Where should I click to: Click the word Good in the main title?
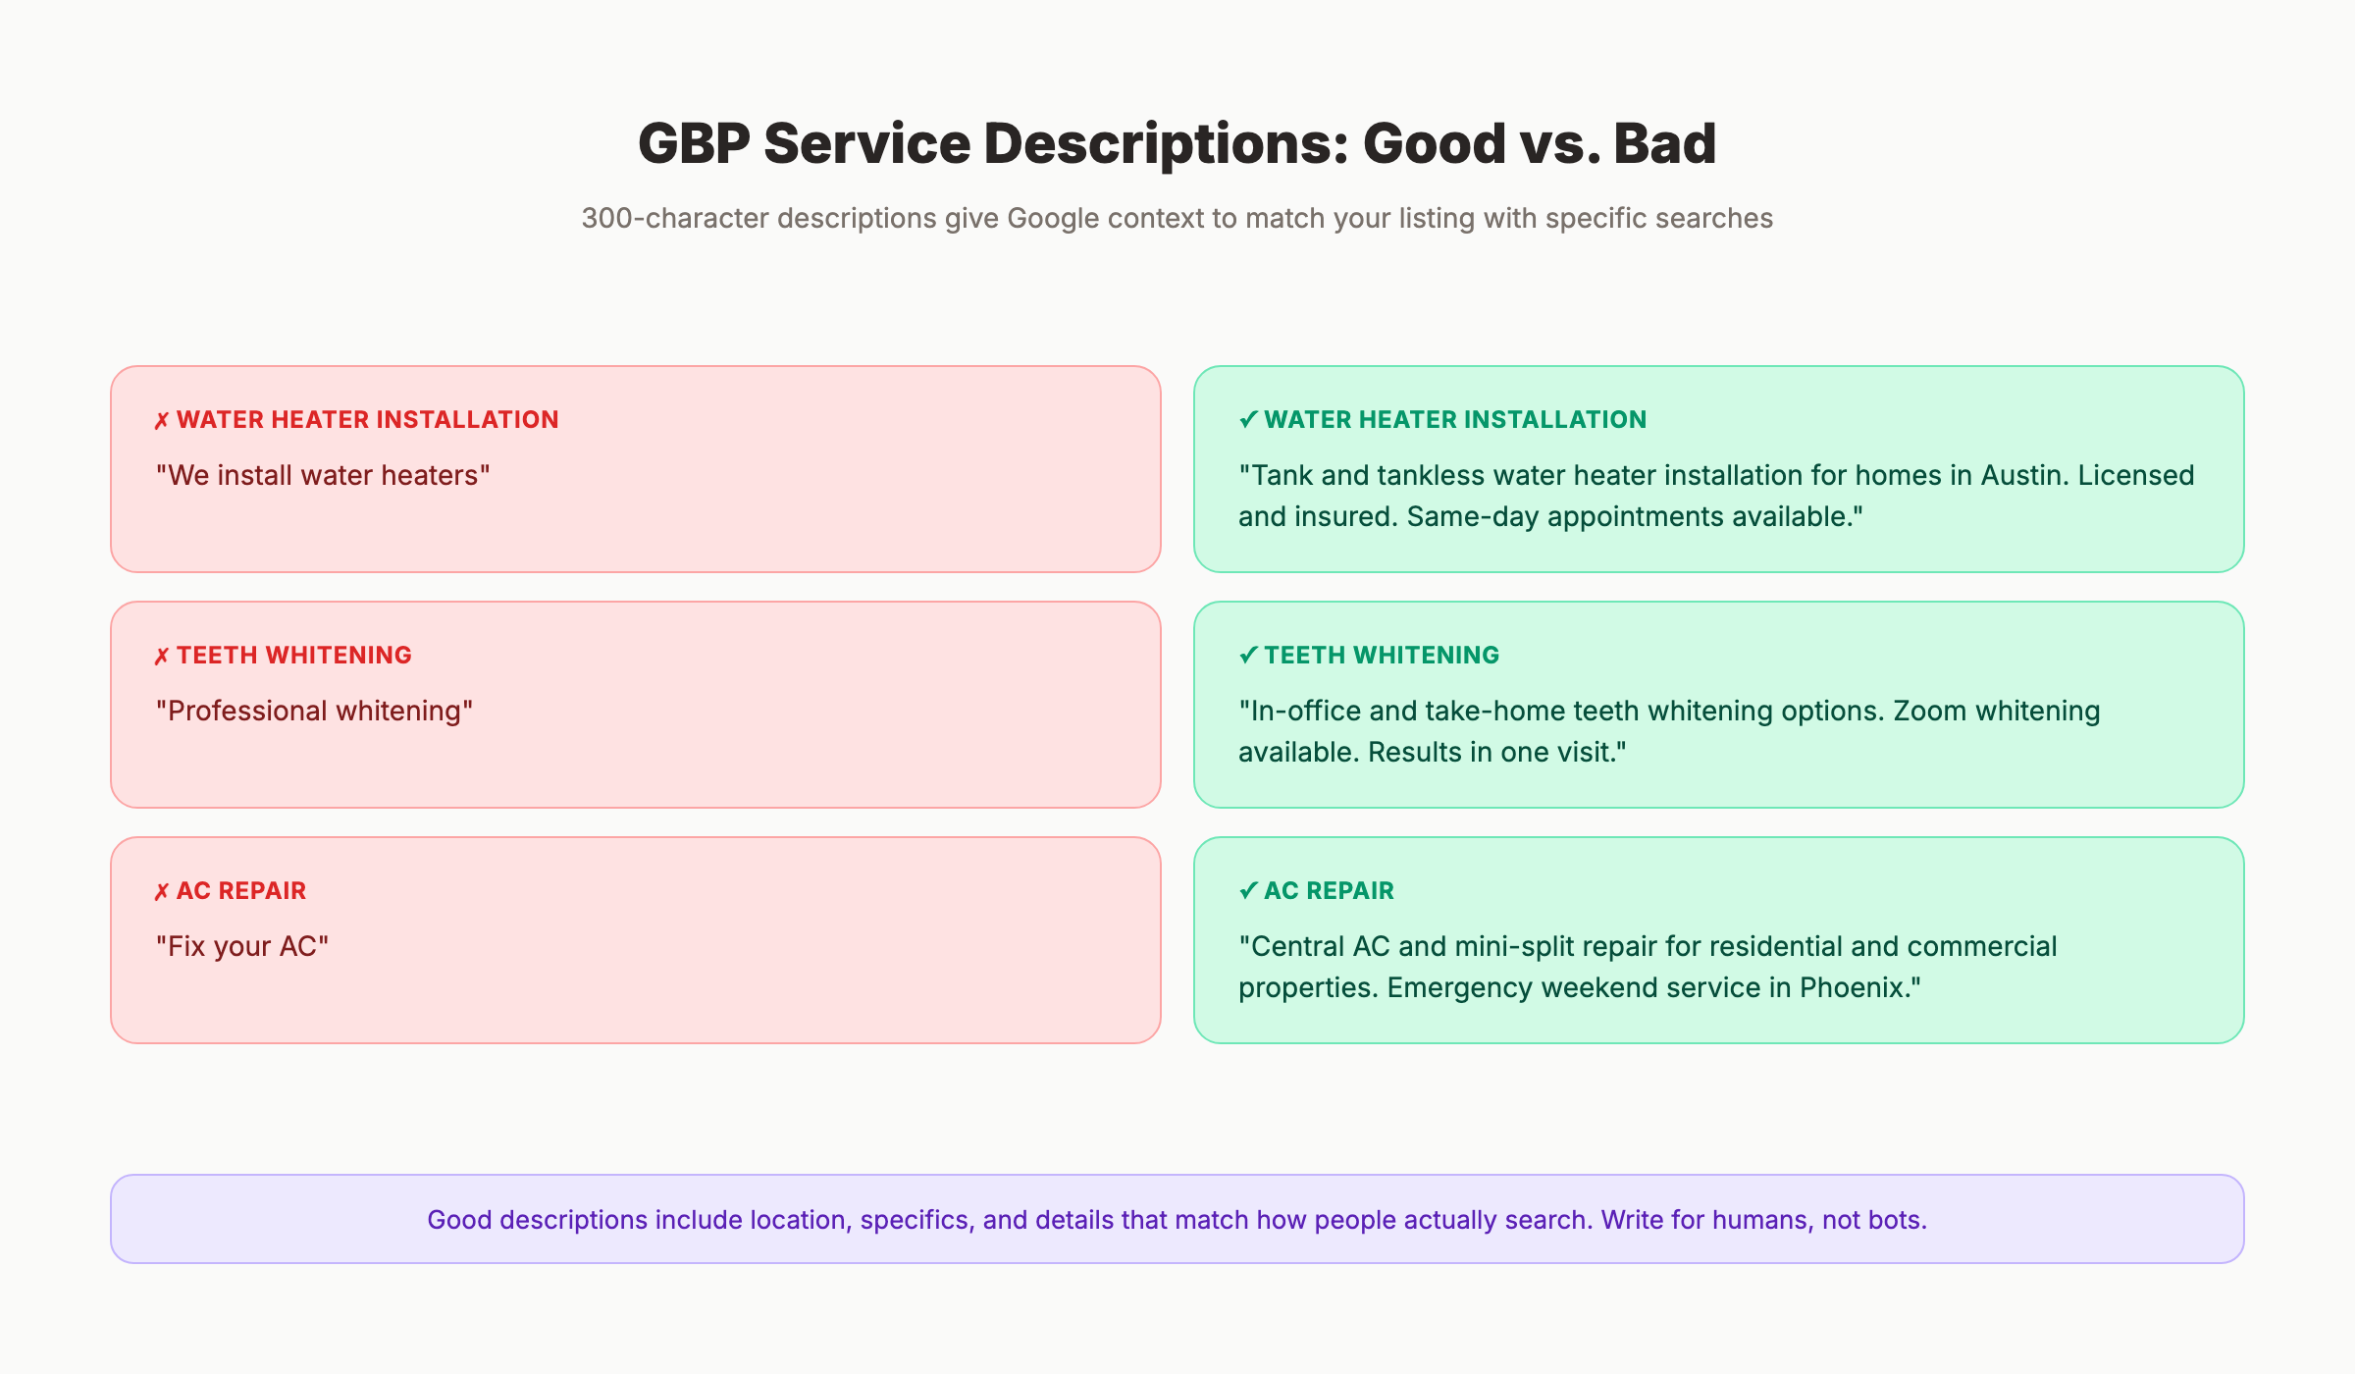[1433, 144]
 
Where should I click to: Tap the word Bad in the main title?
[1665, 144]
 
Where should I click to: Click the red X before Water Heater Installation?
[162, 421]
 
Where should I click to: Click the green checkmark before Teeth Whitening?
[1248, 655]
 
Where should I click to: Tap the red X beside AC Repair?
[162, 892]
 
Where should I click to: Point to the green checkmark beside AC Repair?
[1248, 890]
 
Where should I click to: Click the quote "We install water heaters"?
[323, 476]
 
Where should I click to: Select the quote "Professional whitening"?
[314, 712]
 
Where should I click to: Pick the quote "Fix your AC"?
[242, 947]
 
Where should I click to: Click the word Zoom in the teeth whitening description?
[1929, 712]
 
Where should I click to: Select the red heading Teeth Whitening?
[293, 656]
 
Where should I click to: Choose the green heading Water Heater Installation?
[1454, 420]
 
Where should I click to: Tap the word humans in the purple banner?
[1761, 1220]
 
